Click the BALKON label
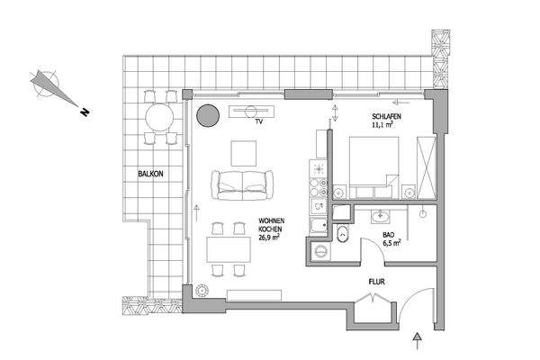point(151,174)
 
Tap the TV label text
point(258,121)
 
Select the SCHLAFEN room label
point(387,118)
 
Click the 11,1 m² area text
point(385,127)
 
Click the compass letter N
point(82,112)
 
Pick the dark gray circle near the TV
point(208,114)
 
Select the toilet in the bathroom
point(343,236)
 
